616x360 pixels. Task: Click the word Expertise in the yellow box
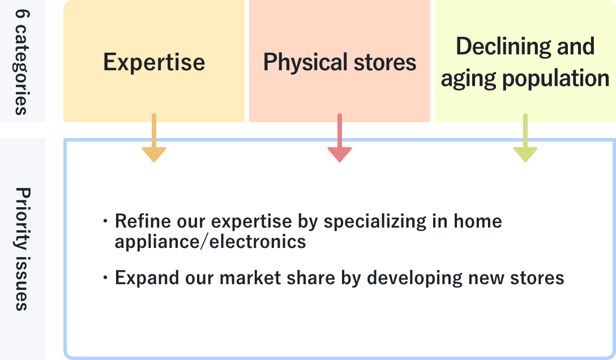point(154,62)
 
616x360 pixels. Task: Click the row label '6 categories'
point(21,61)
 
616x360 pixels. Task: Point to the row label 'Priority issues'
point(21,248)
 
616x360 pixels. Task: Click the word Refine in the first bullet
point(136,221)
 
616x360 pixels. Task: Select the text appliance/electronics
point(210,242)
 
